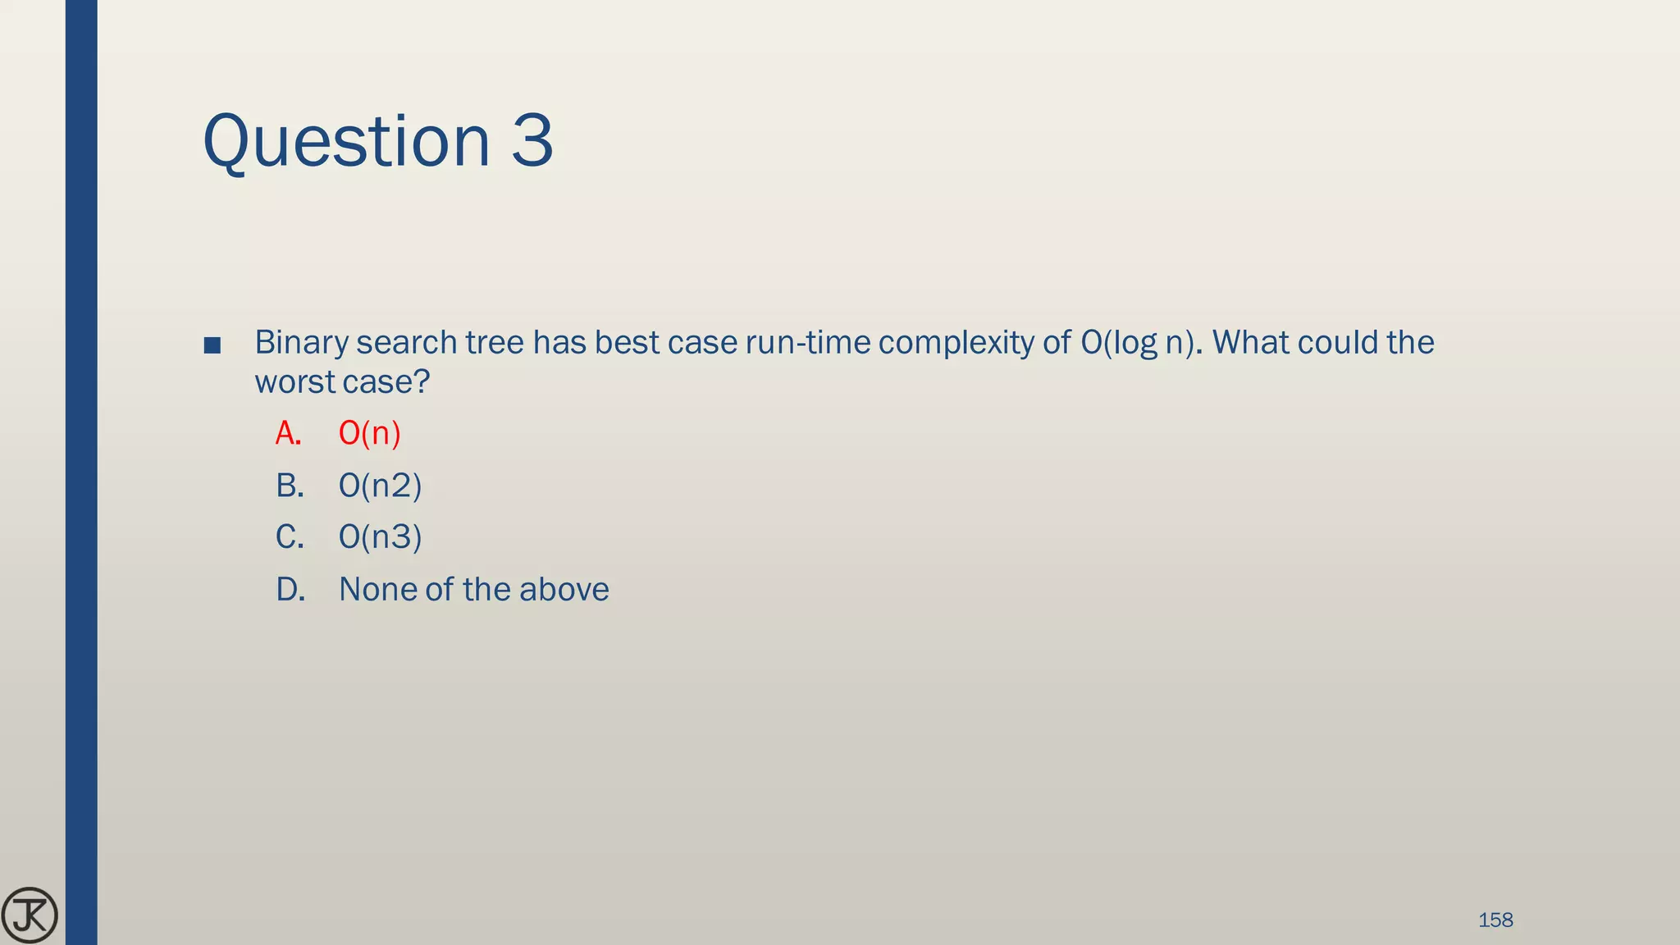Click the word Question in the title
pos(345,141)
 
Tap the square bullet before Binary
pos(212,345)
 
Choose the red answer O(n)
pos(369,433)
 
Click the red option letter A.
pos(288,433)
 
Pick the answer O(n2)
pos(380,486)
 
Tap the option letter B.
pos(289,486)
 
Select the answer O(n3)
pos(380,537)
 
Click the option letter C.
pos(289,537)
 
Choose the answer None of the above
pos(473,590)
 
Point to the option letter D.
pos(290,590)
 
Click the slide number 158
pos(1495,920)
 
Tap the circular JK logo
pos(30,915)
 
